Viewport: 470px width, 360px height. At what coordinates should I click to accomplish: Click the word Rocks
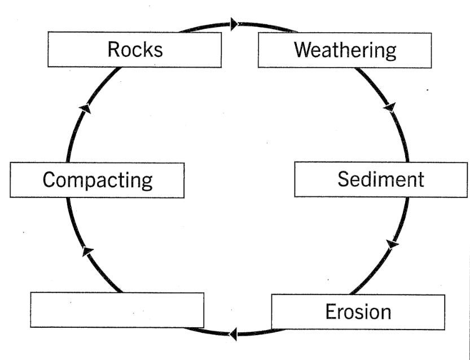(x=135, y=50)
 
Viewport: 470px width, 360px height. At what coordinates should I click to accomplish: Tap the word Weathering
(x=345, y=50)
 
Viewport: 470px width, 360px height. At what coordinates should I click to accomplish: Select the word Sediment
(x=380, y=179)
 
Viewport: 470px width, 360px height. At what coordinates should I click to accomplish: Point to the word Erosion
(x=357, y=311)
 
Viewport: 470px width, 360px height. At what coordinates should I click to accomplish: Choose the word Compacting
(x=98, y=181)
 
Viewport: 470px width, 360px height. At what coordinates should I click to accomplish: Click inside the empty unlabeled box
(x=117, y=309)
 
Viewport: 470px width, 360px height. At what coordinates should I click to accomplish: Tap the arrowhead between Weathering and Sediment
(x=389, y=106)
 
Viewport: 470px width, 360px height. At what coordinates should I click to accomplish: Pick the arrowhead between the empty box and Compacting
(x=86, y=251)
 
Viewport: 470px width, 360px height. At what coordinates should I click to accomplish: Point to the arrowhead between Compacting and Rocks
(x=85, y=108)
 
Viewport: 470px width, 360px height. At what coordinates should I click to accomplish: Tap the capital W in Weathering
(x=304, y=50)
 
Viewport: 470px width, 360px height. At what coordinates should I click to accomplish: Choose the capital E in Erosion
(x=331, y=311)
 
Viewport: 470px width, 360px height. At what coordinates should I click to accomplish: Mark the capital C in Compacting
(x=49, y=181)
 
